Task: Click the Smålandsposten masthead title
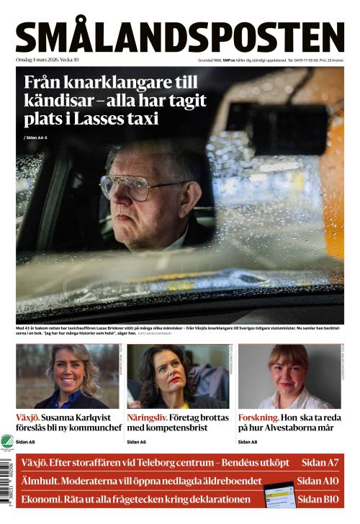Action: [x=180, y=36]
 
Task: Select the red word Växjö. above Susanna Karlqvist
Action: [x=28, y=417]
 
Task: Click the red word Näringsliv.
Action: [x=147, y=417]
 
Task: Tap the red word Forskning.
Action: [x=258, y=417]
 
